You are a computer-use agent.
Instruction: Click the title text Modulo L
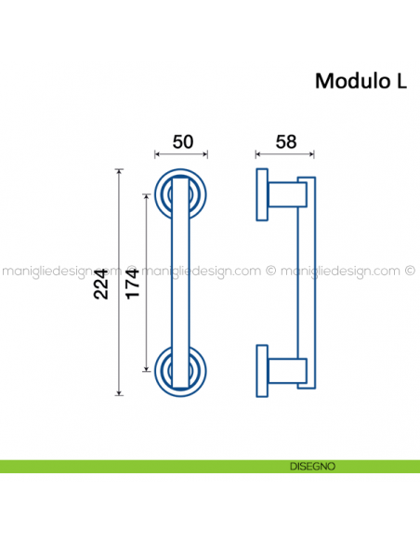pyautogui.click(x=361, y=81)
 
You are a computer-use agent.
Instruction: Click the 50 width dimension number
pyautogui.click(x=183, y=141)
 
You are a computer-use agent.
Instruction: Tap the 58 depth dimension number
pyautogui.click(x=286, y=141)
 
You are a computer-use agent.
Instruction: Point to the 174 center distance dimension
pyautogui.click(x=132, y=281)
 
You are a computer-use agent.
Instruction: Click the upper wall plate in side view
pyautogui.click(x=260, y=193)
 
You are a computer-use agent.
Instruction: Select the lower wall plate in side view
pyautogui.click(x=260, y=369)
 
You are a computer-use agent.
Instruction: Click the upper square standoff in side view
pyautogui.click(x=286, y=195)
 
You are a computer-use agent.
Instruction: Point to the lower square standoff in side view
pyautogui.click(x=286, y=370)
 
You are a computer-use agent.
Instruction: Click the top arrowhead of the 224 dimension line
pyautogui.click(x=118, y=172)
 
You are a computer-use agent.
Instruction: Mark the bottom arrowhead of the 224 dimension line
pyautogui.click(x=118, y=391)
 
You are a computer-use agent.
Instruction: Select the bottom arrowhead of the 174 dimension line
pyautogui.click(x=145, y=366)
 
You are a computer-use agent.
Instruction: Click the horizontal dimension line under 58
pyautogui.click(x=285, y=154)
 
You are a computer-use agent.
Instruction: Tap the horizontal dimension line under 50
pyautogui.click(x=181, y=154)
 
